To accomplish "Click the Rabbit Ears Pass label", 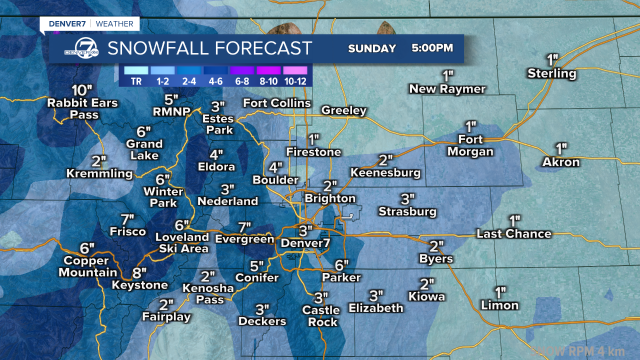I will coord(82,109).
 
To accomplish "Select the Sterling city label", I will coord(552,74).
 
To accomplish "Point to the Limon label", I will coord(499,305).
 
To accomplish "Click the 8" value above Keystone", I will coord(139,273).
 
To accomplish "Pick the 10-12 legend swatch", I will coord(295,70).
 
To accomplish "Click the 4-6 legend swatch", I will coord(215,70).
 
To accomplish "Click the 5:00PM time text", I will coord(432,48).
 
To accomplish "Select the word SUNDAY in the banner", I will coord(371,48).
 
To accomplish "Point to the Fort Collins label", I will coord(277,103).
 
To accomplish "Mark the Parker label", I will coord(341,277).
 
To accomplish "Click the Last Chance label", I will coord(514,234).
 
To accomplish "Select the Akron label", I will coord(561,162).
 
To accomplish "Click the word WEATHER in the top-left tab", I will coord(114,23).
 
